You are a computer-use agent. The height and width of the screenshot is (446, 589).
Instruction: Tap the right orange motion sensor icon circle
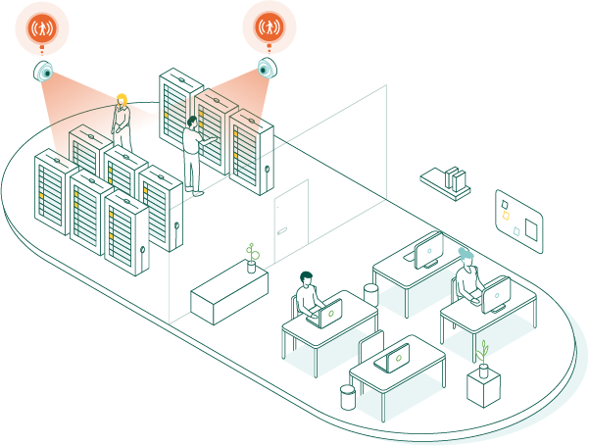coord(269,26)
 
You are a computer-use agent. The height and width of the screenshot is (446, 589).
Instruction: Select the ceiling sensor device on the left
coord(45,72)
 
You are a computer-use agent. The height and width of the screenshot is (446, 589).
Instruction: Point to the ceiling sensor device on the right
coord(266,68)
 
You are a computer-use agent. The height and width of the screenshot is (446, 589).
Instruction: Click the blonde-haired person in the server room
coord(122,119)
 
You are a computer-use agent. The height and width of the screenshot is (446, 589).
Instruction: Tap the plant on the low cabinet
coord(252,257)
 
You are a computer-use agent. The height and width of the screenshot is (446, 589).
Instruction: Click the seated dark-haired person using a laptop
coord(307,296)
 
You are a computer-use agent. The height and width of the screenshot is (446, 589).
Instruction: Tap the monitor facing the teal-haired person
coord(496,292)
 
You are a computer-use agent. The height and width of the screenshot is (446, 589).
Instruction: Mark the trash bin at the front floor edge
coord(347,396)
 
